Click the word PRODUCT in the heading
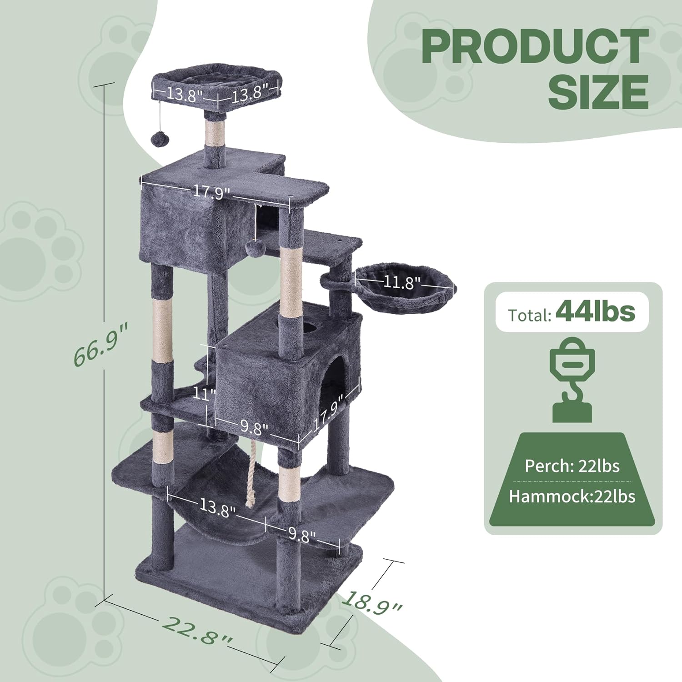pos(535,46)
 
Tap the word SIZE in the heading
pos(598,92)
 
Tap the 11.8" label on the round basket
pos(399,282)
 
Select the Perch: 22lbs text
pos(572,466)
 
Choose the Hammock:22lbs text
pos(572,496)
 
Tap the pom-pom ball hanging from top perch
pos(159,139)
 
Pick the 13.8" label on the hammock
pos(217,507)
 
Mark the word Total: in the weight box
pos(530,315)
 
